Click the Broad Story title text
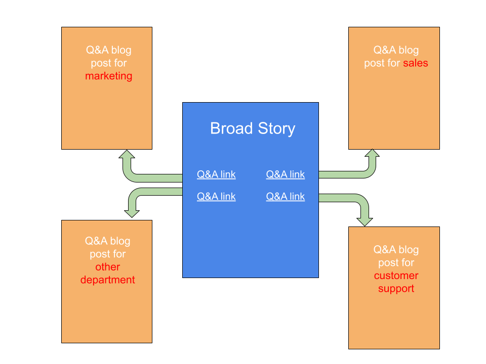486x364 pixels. tap(253, 128)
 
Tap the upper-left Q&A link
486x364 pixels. tap(216, 174)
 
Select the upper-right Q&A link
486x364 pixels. tap(286, 174)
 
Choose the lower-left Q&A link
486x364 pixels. tap(216, 197)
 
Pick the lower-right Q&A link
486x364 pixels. tap(286, 197)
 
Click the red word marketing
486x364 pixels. tap(109, 76)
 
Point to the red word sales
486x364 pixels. tap(416, 63)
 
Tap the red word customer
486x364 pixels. tap(396, 276)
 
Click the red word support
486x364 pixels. tap(396, 289)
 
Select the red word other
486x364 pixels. tap(107, 267)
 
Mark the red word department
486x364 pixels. tap(107, 280)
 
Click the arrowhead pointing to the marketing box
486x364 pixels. tap(127, 154)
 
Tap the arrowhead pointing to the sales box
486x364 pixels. tap(372, 153)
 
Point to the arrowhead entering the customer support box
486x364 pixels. tap(365, 222)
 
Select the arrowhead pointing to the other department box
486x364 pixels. tap(132, 214)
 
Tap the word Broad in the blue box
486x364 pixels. tap(231, 128)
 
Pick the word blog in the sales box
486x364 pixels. tap(409, 50)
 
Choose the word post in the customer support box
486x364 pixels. tap(387, 263)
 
